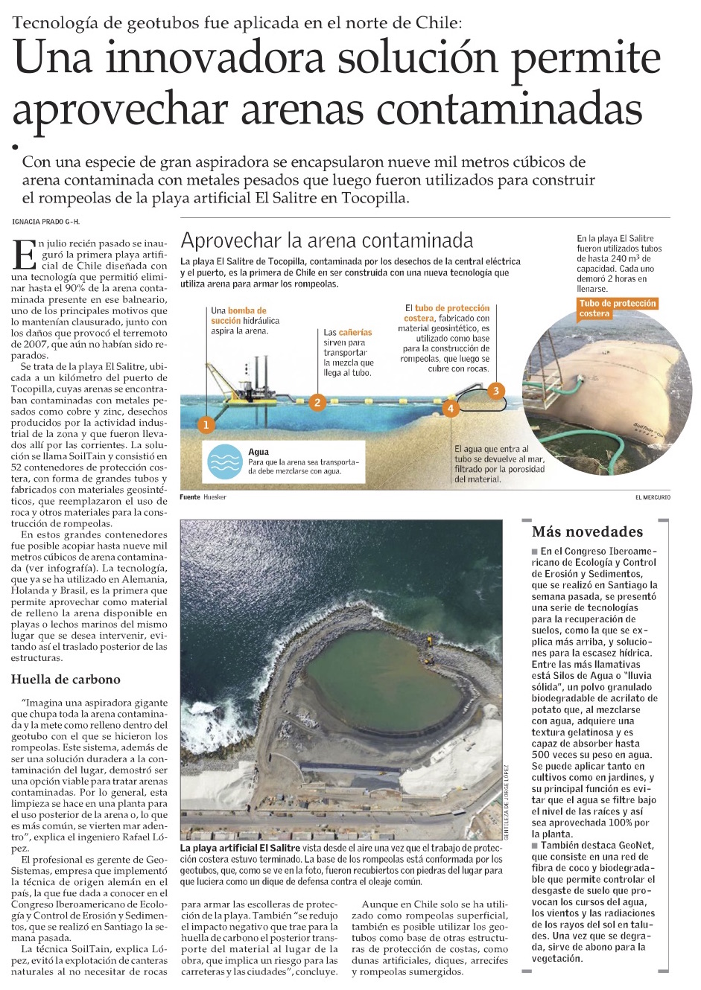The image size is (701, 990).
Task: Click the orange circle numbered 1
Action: coord(206,425)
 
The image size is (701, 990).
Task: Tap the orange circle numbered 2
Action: coord(317,403)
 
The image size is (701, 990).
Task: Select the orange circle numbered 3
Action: coord(495,390)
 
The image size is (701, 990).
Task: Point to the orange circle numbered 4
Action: coord(450,409)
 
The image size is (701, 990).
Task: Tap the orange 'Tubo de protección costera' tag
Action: coord(618,308)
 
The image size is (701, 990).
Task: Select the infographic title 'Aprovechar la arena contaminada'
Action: coord(326,240)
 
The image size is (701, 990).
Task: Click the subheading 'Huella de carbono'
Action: coord(66,679)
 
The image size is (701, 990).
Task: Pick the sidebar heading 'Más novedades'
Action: coord(587,531)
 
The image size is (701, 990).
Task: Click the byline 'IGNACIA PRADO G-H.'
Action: coord(46,222)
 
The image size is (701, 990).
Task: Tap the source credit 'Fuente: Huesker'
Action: coord(203,496)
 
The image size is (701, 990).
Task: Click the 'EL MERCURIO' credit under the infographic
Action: coord(653,496)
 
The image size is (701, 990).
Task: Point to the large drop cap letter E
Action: coord(25,255)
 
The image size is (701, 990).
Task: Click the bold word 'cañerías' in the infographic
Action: coord(355,332)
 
